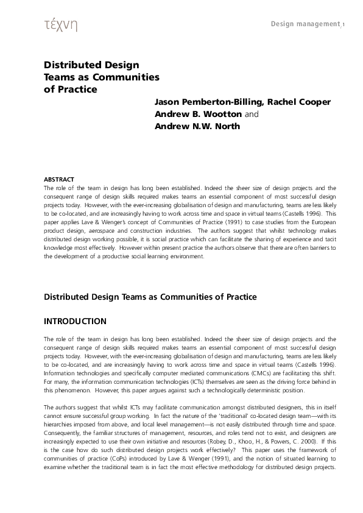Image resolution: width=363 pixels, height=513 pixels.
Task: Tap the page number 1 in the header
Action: (344, 24)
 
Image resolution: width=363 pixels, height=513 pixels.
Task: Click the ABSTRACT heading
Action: (59, 180)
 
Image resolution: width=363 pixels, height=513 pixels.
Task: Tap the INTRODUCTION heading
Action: (75, 322)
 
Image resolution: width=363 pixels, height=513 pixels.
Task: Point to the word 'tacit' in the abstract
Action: (329, 239)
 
